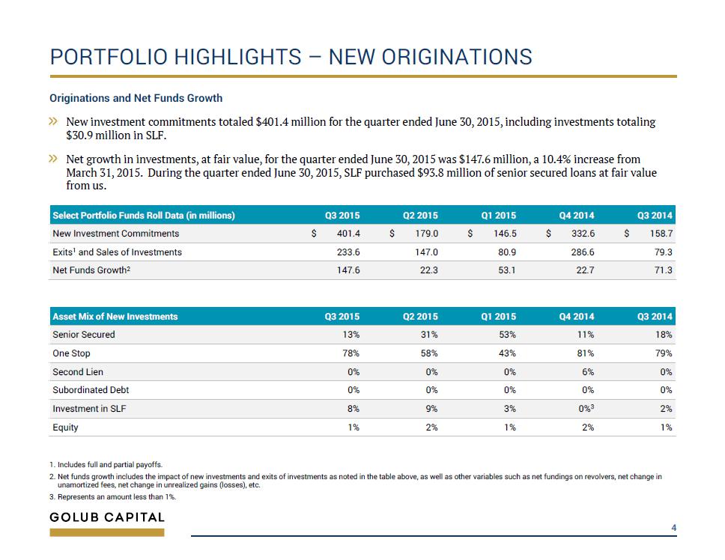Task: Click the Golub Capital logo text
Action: (x=107, y=517)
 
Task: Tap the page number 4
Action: (x=673, y=527)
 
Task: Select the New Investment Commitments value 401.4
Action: (x=348, y=234)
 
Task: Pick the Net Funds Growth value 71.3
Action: (x=663, y=270)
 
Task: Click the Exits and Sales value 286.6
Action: (x=583, y=252)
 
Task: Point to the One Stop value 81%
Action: (x=585, y=353)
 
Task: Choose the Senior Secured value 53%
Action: (x=507, y=334)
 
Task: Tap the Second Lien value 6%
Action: (x=588, y=372)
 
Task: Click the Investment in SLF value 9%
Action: (x=431, y=409)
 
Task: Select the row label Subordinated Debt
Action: (x=91, y=390)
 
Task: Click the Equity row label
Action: (x=65, y=427)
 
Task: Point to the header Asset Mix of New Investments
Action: (x=115, y=317)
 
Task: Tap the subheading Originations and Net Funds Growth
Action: (x=136, y=98)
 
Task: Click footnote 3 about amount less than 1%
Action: (x=113, y=496)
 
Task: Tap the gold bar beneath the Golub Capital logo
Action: (x=107, y=533)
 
